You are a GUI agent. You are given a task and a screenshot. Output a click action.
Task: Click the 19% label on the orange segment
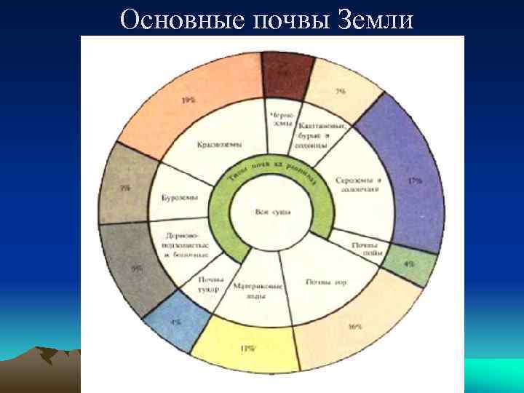click(x=188, y=100)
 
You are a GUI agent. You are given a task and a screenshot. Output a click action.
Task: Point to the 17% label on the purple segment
click(x=415, y=179)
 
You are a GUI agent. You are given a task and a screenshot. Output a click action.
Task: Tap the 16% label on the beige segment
click(x=355, y=327)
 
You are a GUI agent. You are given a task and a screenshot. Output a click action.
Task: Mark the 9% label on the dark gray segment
click(x=137, y=268)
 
